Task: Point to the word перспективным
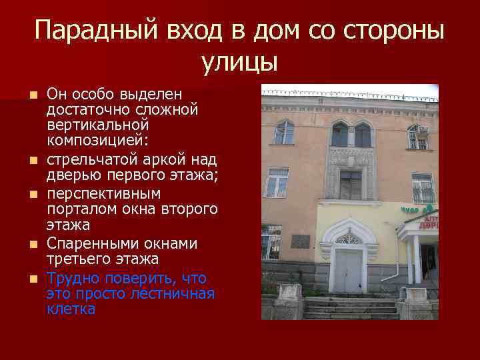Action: point(103,193)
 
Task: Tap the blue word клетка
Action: point(71,309)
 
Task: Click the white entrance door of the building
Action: point(347,269)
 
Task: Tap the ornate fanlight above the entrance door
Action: point(347,239)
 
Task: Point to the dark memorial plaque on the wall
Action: point(301,241)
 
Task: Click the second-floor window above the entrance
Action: point(350,185)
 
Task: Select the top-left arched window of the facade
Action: point(284,132)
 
